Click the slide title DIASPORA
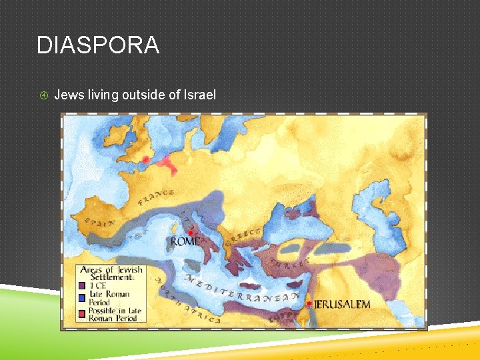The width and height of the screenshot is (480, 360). (x=98, y=45)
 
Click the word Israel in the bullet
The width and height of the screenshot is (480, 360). (x=201, y=95)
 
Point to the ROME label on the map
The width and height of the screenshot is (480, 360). (x=185, y=241)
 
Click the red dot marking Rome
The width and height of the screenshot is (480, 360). (x=191, y=233)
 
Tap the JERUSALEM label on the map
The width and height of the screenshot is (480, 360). (x=341, y=305)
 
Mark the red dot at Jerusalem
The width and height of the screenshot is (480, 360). (x=309, y=303)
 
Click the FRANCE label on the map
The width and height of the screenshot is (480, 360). (x=156, y=198)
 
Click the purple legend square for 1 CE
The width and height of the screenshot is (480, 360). (x=84, y=285)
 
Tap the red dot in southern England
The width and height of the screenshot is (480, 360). (x=146, y=159)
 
